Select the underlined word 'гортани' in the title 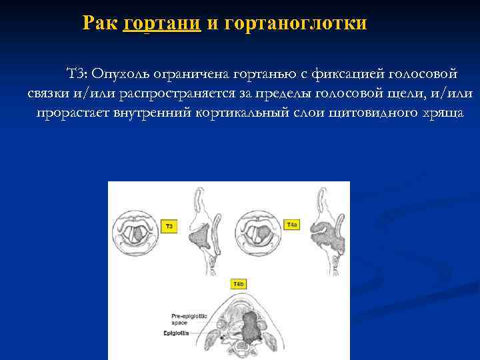click(162, 24)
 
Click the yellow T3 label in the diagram click(169, 227)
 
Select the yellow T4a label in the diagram click(292, 225)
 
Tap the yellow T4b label click(238, 285)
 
